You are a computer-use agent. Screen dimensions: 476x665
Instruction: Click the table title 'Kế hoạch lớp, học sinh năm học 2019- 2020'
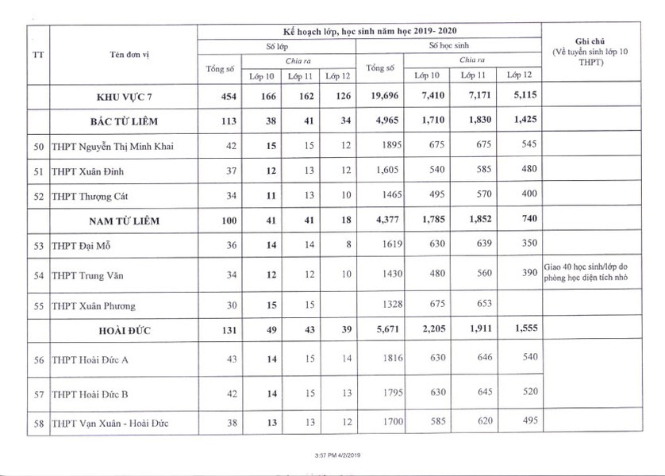(369, 30)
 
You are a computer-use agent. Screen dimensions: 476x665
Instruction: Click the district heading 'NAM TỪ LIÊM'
(122, 220)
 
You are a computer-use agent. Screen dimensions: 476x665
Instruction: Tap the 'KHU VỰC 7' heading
(122, 98)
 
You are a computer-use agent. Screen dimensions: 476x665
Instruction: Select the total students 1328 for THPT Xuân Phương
(382, 305)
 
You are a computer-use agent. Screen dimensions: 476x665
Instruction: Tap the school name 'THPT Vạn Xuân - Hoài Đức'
(110, 423)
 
